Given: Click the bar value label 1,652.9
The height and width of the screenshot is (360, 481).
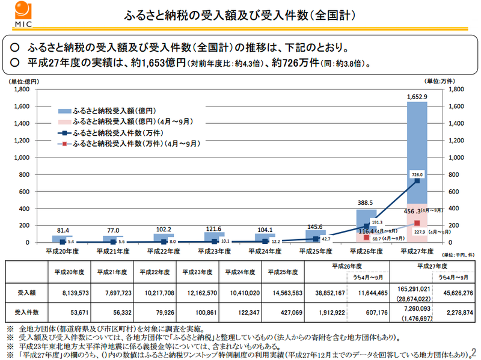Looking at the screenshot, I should (x=417, y=96).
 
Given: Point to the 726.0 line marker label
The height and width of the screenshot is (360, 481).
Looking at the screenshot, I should (x=417, y=175).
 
